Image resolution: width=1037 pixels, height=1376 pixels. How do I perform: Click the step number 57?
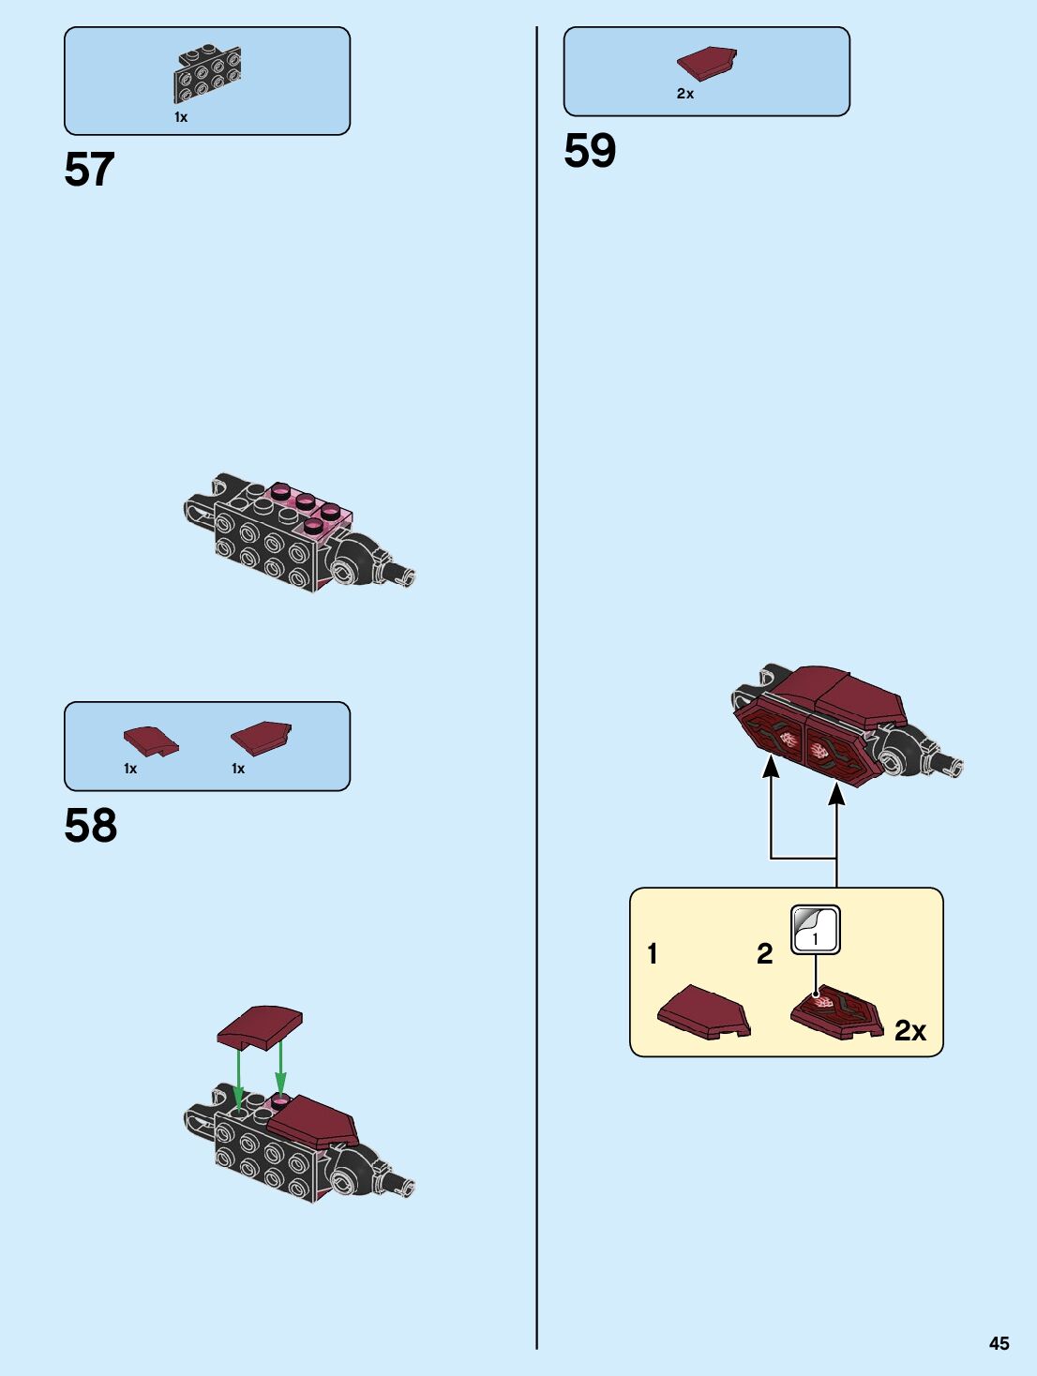click(89, 170)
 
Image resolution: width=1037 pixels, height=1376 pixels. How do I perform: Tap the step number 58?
click(90, 826)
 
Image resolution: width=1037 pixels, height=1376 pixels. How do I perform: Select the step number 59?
click(590, 151)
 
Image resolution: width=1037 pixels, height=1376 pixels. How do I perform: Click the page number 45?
click(999, 1343)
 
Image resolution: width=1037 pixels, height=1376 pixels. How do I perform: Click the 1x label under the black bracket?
click(181, 117)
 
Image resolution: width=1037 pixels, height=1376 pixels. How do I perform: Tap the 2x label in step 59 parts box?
click(685, 94)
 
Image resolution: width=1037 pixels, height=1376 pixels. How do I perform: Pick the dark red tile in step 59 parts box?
click(707, 64)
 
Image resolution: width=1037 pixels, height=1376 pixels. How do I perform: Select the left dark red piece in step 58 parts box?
click(150, 740)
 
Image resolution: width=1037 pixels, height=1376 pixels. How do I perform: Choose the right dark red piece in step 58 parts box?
click(262, 737)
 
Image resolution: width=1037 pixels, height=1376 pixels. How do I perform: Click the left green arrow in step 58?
click(239, 1078)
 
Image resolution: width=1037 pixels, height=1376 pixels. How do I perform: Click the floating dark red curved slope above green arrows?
click(260, 1026)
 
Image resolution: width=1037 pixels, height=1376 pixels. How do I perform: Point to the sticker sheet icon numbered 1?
click(815, 930)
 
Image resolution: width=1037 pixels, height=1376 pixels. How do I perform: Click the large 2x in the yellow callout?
click(909, 1031)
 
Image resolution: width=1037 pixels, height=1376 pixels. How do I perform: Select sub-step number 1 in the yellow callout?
click(653, 954)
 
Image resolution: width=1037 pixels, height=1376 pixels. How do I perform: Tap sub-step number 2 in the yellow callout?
click(765, 954)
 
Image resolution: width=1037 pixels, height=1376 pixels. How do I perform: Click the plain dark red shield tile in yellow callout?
click(704, 1011)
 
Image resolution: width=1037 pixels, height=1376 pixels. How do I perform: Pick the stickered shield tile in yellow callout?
click(836, 1013)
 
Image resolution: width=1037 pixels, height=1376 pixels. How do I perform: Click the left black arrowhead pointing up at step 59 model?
click(771, 767)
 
